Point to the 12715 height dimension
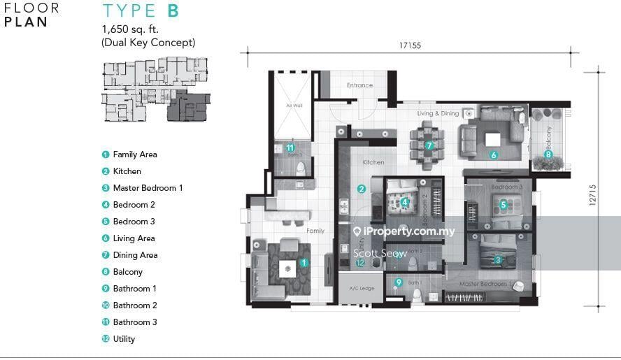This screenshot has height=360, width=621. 592,195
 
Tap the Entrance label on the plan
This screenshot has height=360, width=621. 360,85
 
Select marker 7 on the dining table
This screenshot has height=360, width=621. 429,145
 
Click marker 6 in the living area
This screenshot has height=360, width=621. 494,155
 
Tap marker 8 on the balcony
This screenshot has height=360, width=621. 548,154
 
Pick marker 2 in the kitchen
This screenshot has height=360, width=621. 362,188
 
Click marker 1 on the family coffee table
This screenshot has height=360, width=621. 304,263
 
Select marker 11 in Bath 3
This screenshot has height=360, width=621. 290,147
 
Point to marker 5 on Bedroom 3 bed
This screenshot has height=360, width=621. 503,205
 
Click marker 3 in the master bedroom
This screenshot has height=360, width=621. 498,259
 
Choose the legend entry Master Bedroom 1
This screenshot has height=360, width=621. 148,188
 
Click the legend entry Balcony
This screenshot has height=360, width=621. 127,272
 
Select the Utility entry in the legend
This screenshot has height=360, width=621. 124,339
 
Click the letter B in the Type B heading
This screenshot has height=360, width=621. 173,11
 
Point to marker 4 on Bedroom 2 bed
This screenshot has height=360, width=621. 404,203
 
